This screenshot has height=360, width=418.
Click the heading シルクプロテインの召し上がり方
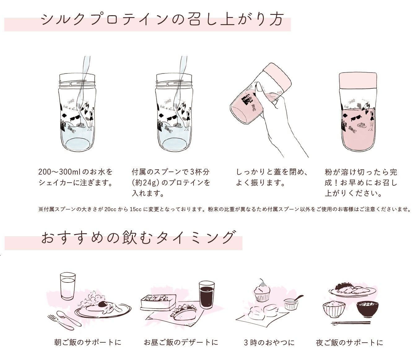click(162, 20)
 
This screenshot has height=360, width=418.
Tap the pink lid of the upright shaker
click(358, 80)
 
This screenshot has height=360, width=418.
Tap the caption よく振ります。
click(261, 183)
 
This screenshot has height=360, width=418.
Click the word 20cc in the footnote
click(110, 209)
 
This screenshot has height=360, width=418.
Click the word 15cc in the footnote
click(136, 209)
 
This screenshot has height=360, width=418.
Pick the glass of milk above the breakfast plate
click(68, 286)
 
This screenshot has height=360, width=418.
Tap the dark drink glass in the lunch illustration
click(207, 295)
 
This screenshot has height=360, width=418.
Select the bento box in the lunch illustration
click(158, 302)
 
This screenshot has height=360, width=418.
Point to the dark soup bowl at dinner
click(368, 309)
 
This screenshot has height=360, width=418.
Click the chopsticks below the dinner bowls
click(351, 323)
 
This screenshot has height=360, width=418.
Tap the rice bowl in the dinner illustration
click(334, 309)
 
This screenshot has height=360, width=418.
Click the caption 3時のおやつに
click(269, 343)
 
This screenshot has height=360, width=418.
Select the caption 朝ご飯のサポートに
click(88, 342)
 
